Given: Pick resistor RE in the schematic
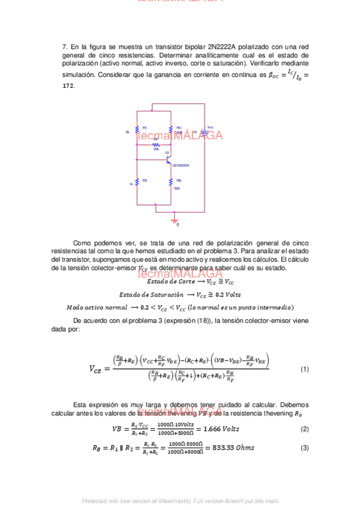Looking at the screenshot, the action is pyautogui.click(x=171, y=182).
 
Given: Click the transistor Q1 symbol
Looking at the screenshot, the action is pyautogui.click(x=168, y=161).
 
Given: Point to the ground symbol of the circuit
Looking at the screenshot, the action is pyautogui.click(x=175, y=221).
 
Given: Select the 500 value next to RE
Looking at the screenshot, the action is pyautogui.click(x=177, y=188).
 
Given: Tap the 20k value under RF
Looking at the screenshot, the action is pyautogui.click(x=156, y=149).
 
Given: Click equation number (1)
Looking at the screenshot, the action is pyautogui.click(x=304, y=369).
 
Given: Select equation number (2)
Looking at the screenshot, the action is pyautogui.click(x=304, y=429).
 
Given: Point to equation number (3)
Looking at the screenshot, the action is pyautogui.click(x=304, y=447).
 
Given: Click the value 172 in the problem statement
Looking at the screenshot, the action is pyautogui.click(x=69, y=86).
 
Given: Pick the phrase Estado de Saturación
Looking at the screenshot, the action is pyautogui.click(x=151, y=295).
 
